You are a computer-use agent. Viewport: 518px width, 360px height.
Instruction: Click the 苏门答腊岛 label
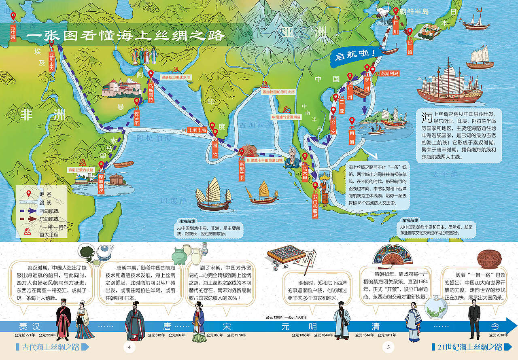pos(315,205)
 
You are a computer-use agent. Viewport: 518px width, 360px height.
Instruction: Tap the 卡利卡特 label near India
pos(197,130)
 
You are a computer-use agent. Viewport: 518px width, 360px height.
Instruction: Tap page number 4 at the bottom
pos(129,347)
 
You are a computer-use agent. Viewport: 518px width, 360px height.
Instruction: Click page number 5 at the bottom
pos(388,347)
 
